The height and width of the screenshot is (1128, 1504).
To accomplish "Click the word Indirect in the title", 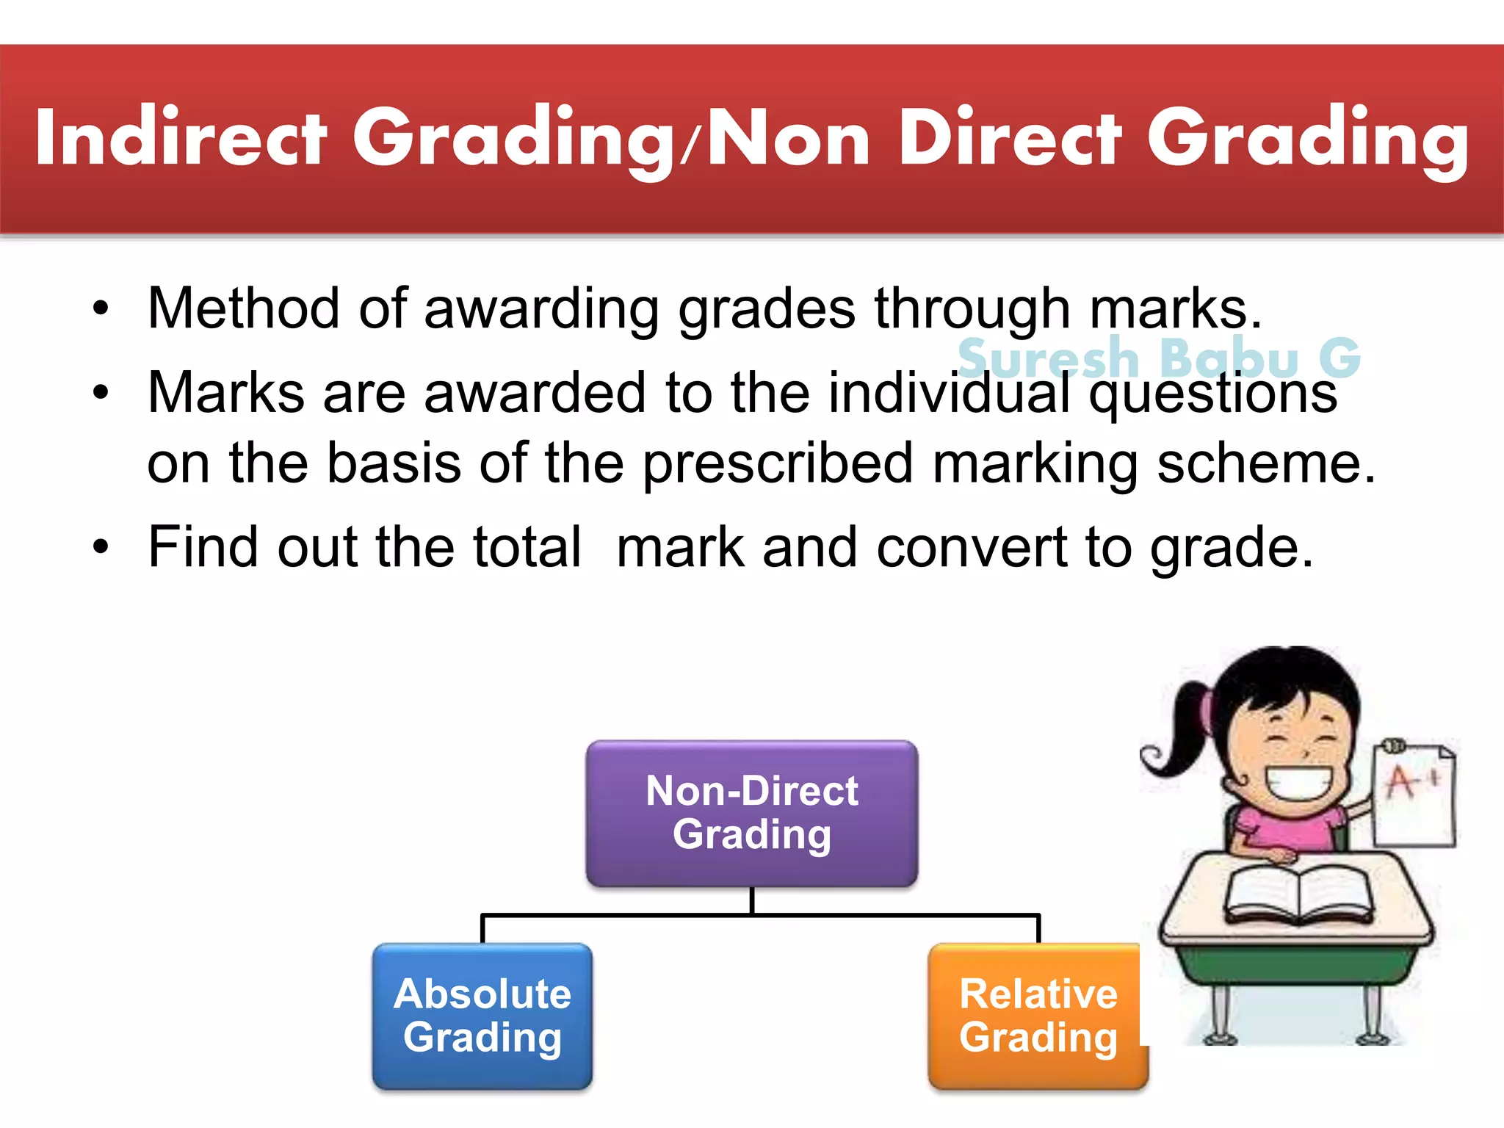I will tap(180, 138).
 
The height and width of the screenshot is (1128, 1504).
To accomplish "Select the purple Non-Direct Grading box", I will tap(751, 813).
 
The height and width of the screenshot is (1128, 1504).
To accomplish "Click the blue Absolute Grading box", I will tap(482, 1016).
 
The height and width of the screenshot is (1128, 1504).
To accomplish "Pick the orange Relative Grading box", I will tap(1037, 1016).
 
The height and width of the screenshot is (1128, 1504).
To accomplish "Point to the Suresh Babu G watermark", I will tap(1159, 358).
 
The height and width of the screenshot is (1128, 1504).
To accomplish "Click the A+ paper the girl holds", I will tap(1414, 793).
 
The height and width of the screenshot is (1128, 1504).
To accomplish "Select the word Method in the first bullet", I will tap(243, 308).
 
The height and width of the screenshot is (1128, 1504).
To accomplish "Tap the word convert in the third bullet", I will tap(972, 548).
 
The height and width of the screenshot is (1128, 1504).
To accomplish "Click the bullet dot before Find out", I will tap(101, 547).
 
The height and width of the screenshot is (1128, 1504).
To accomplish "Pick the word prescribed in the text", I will tap(778, 464).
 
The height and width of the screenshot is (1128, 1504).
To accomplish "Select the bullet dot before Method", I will tap(101, 308).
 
